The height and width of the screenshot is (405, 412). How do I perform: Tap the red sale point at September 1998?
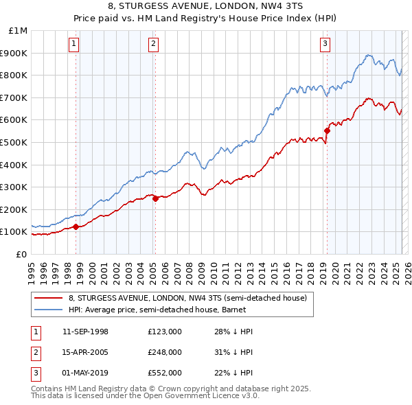pos(76,227)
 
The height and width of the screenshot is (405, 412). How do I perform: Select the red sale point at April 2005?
pos(155,199)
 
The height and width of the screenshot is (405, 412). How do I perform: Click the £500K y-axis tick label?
pos(15,142)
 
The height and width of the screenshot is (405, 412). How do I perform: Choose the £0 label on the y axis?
pos(21,254)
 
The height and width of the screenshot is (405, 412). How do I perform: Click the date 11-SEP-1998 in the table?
pos(85,332)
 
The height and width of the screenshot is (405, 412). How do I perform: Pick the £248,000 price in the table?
pos(164,352)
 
